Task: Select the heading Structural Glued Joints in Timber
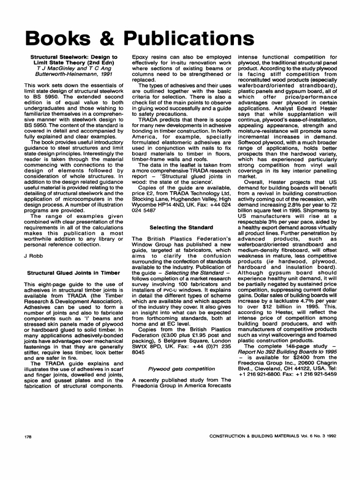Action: coord(73,273)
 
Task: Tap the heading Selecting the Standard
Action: coord(181,227)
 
